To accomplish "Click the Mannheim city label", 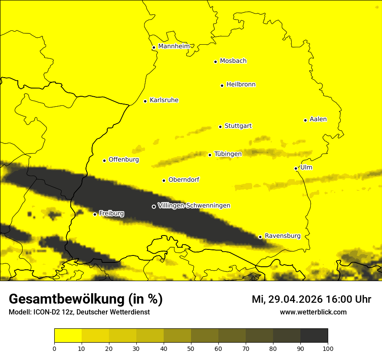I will click(x=174, y=46).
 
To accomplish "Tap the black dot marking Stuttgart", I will click(x=220, y=127).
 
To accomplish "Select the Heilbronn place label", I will click(x=241, y=85).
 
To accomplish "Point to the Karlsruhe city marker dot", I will click(x=145, y=101).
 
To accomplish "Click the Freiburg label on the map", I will click(x=111, y=213).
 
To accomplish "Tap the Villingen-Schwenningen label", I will click(x=194, y=206).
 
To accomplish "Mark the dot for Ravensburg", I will click(x=260, y=237).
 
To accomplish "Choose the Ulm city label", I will click(x=306, y=167).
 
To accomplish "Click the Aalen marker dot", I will click(x=305, y=120).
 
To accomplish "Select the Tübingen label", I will click(x=228, y=154).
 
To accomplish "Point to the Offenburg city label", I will click(x=124, y=160).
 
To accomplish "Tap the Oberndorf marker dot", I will click(x=164, y=180).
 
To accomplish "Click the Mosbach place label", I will click(x=233, y=61).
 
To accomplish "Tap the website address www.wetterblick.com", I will click(x=313, y=312).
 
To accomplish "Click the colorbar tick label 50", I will click(x=191, y=348).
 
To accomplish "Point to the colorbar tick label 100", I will click(x=327, y=348).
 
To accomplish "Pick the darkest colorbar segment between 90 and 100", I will click(x=314, y=336).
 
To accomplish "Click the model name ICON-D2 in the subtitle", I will click(x=46, y=312).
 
